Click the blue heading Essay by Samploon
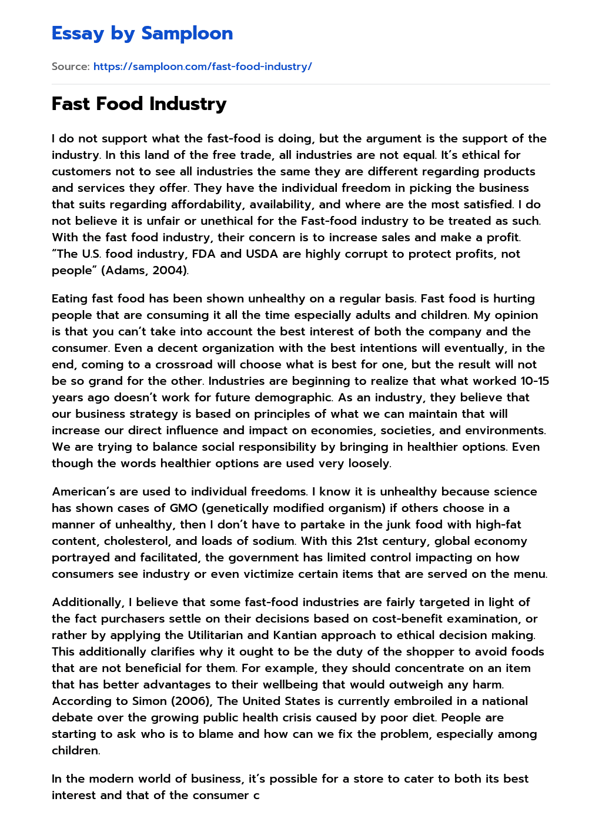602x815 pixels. (x=142, y=33)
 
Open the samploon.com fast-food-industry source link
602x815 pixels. (x=202, y=66)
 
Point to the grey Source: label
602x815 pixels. (x=71, y=66)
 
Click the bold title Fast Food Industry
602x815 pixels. (x=139, y=104)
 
